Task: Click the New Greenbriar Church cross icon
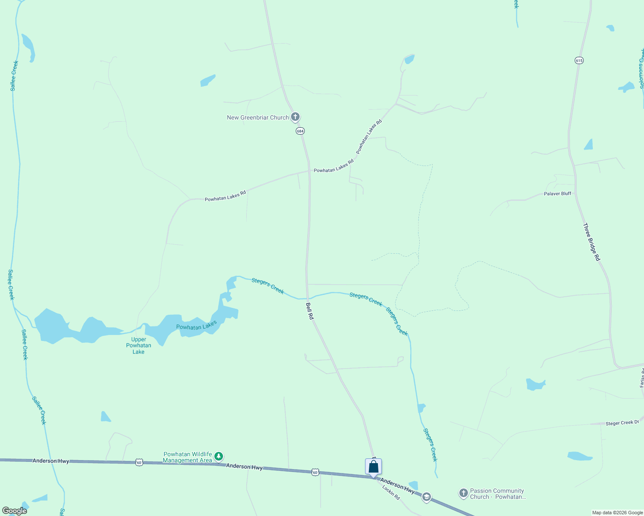pyautogui.click(x=295, y=117)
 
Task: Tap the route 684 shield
pyautogui.click(x=300, y=131)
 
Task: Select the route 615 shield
pyautogui.click(x=579, y=61)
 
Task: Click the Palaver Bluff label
pyautogui.click(x=557, y=193)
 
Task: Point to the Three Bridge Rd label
pyautogui.click(x=591, y=242)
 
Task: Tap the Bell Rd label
pyautogui.click(x=310, y=311)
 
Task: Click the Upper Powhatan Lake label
pyautogui.click(x=139, y=345)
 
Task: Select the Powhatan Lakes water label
pyautogui.click(x=196, y=326)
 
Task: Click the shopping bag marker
pyautogui.click(x=374, y=467)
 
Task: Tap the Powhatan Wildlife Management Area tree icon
pyautogui.click(x=219, y=456)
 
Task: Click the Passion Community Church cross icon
pyautogui.click(x=463, y=493)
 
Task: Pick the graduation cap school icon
pyautogui.click(x=426, y=498)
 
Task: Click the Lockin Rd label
pyautogui.click(x=391, y=493)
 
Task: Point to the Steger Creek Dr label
pyautogui.click(x=622, y=423)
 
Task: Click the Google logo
pyautogui.click(x=15, y=511)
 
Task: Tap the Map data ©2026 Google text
pyautogui.click(x=617, y=513)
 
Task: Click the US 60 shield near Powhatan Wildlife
pyautogui.click(x=139, y=462)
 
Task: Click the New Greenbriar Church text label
pyautogui.click(x=258, y=117)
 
